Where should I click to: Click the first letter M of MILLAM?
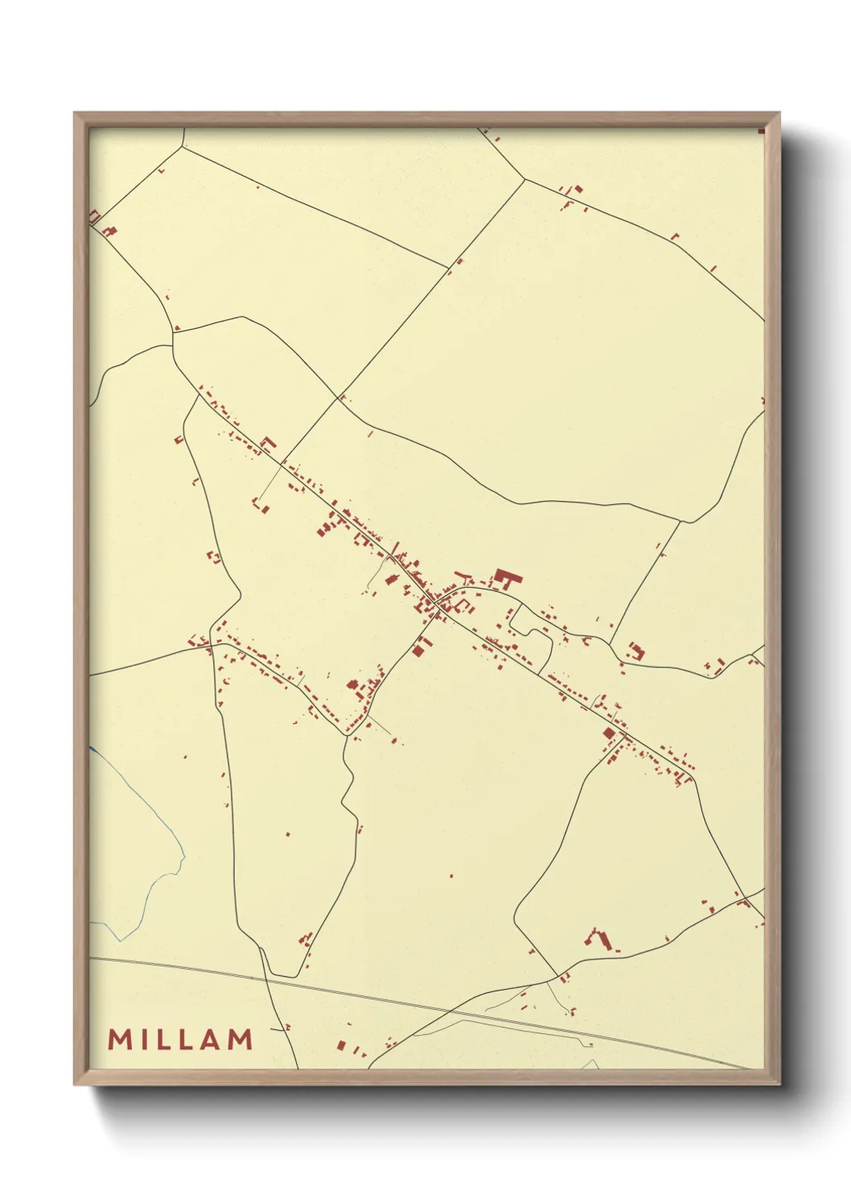coord(121,1039)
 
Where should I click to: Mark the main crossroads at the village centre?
coord(435,603)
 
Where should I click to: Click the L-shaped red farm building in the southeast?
coord(599,938)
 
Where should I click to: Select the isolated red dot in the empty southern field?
coord(450,876)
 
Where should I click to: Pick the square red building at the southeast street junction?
coord(609,732)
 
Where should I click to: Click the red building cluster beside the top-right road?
coord(574,192)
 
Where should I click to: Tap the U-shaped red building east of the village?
coord(637,650)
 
